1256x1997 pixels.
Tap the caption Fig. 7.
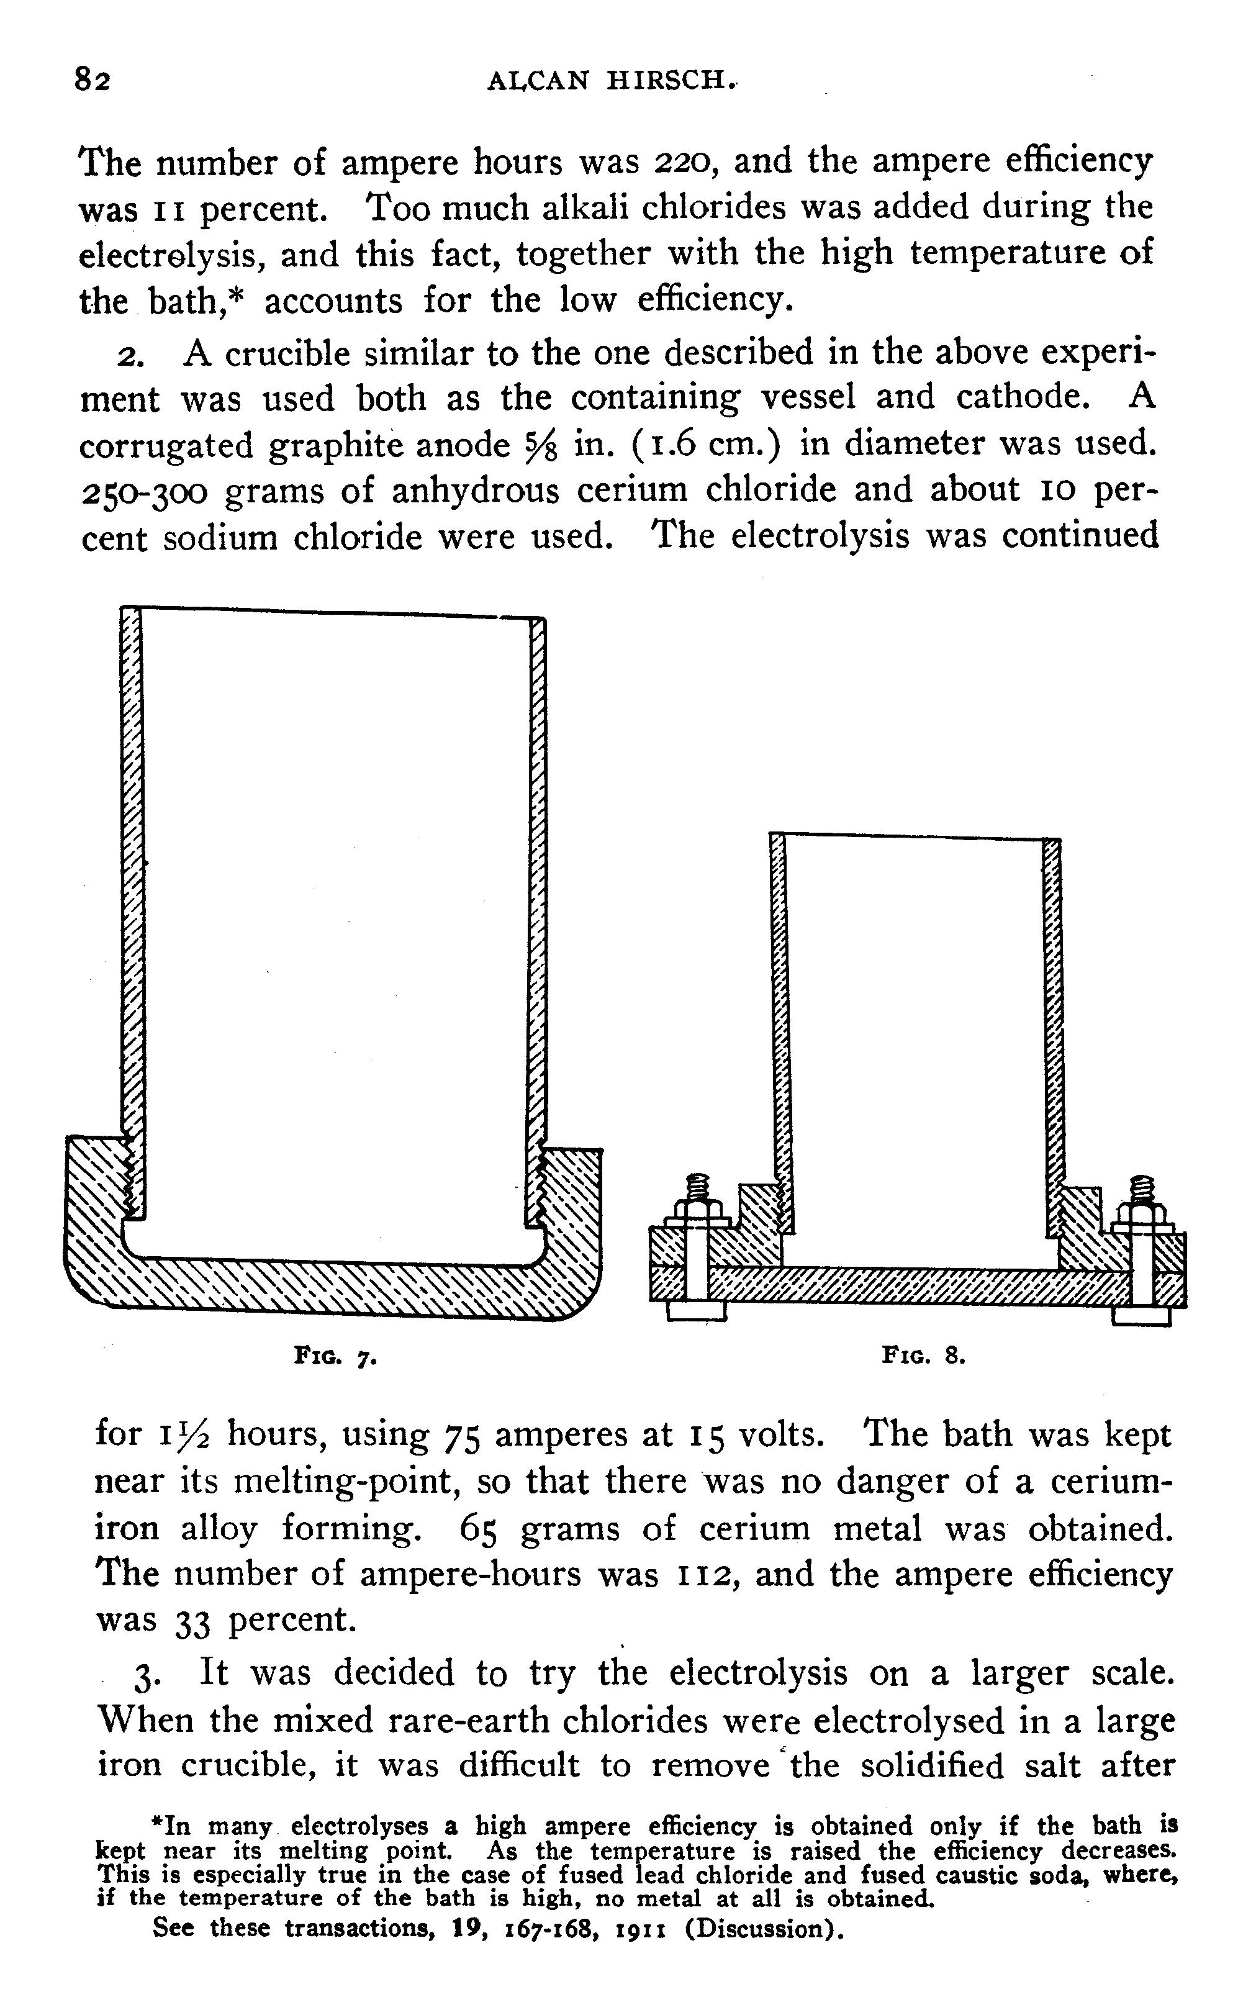[337, 1357]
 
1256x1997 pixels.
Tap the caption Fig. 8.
[924, 1356]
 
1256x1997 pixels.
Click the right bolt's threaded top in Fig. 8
[1142, 1189]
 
